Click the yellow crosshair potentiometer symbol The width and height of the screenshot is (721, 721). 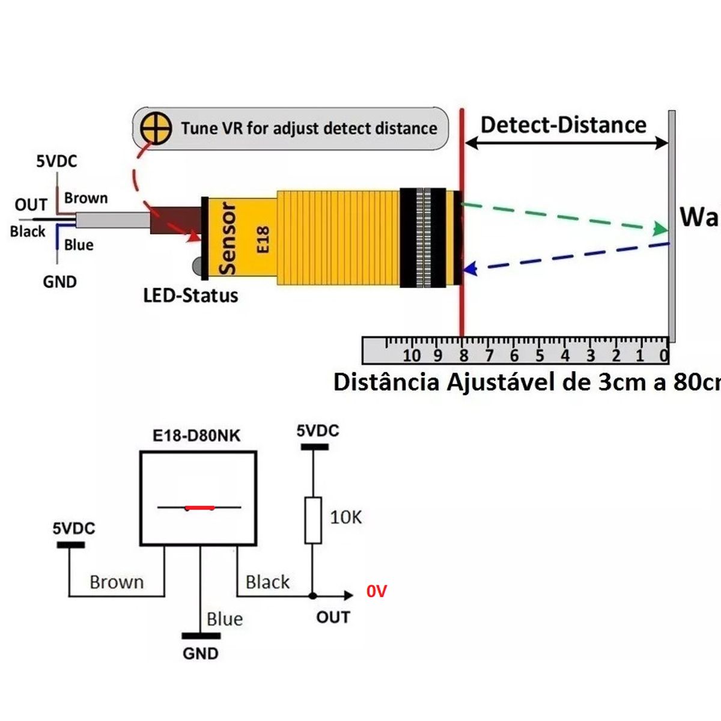coord(156,128)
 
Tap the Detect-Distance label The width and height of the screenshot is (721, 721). coord(563,125)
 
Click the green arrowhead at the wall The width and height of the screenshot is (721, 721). coord(661,229)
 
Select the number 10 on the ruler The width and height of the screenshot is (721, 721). coord(412,356)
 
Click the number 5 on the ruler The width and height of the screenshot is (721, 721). coord(540,356)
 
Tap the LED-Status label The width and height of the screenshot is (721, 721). coord(190,296)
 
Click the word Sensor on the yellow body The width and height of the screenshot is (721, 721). coord(228,239)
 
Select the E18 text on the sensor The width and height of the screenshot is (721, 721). coord(263,239)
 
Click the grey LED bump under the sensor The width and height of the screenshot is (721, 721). coord(197,265)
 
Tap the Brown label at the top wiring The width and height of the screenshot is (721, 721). coord(86,198)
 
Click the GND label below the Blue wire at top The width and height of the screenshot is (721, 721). coord(59,282)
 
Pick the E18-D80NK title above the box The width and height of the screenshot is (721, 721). coord(196,436)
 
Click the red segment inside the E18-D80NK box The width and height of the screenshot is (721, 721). coord(200,508)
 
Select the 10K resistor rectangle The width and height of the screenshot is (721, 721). coord(312,520)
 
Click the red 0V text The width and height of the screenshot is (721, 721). coord(377,592)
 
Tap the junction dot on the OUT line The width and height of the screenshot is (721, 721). coord(312,596)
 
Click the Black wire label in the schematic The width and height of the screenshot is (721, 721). coord(267,582)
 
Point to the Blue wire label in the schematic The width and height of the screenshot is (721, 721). coord(225,619)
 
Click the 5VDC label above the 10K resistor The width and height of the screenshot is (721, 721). coord(317,431)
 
